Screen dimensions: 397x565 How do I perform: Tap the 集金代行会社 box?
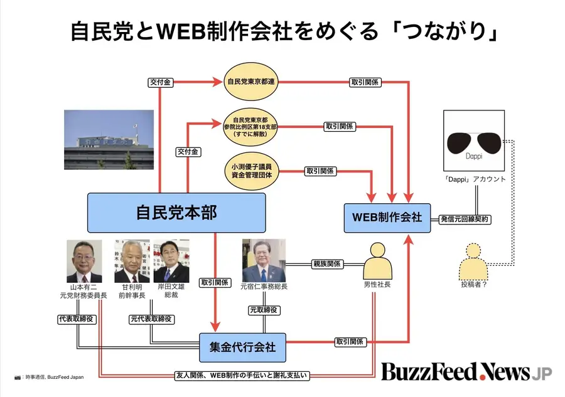pos(242,346)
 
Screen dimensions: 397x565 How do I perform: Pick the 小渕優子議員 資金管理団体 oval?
pos(250,171)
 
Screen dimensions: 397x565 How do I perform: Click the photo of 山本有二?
pos(85,261)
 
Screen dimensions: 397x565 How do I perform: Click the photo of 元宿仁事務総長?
pos(264,260)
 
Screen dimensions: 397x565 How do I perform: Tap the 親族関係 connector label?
pos(327,264)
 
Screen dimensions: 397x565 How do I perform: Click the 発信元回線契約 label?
pos(465,220)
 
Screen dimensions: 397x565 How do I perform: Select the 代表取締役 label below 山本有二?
pos(75,319)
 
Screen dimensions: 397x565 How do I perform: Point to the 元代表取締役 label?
pos(151,319)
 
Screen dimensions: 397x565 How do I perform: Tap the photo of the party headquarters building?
pos(108,139)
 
